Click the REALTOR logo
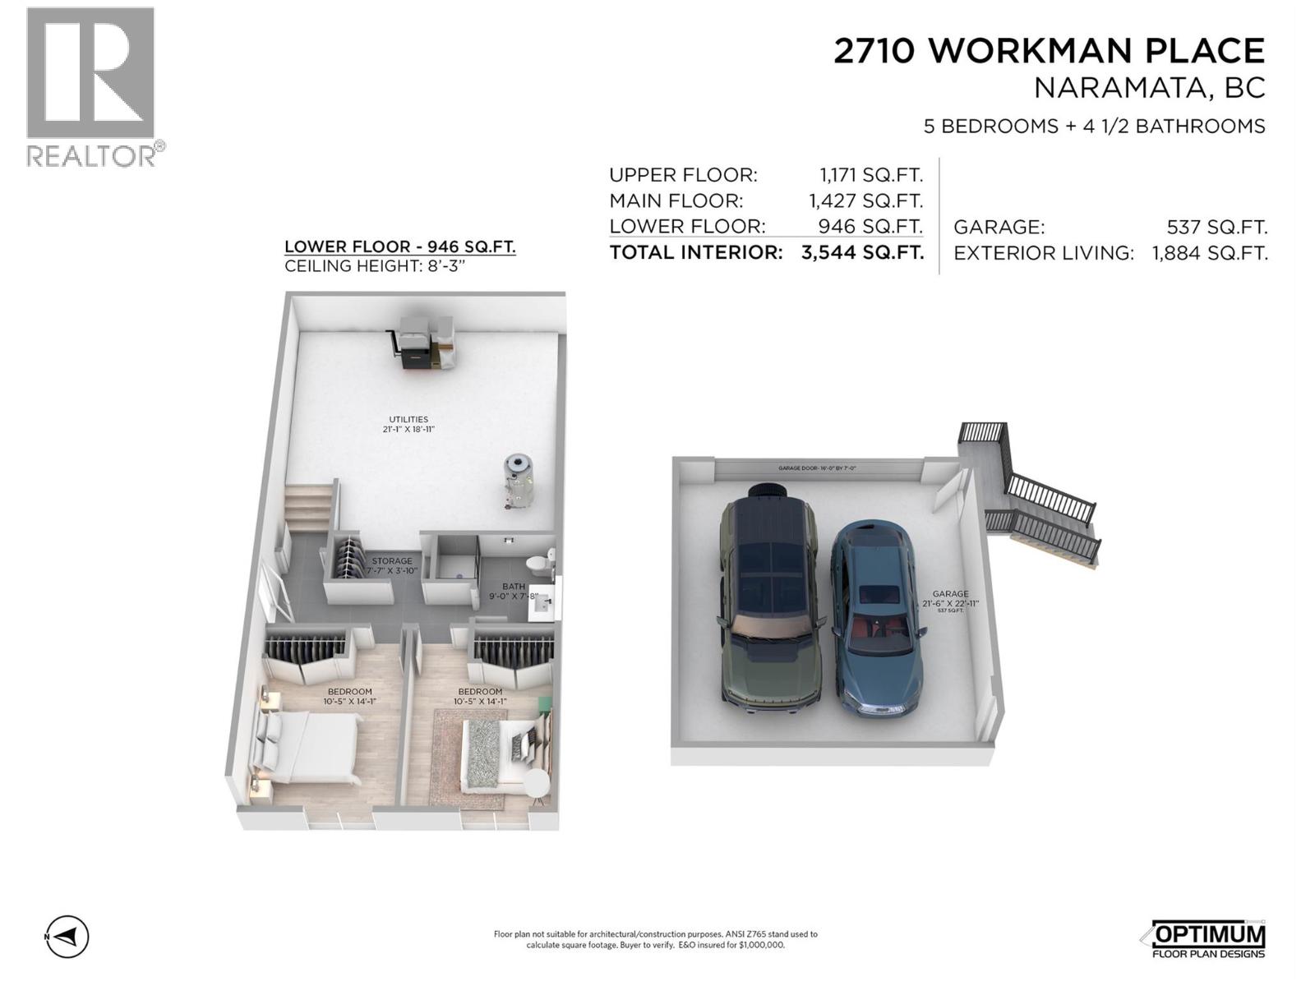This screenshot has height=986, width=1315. [91, 86]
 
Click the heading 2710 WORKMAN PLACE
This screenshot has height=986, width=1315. [1049, 51]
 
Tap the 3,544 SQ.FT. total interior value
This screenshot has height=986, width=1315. [862, 252]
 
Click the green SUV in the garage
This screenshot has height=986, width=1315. [769, 603]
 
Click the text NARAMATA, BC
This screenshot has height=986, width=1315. [1148, 88]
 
